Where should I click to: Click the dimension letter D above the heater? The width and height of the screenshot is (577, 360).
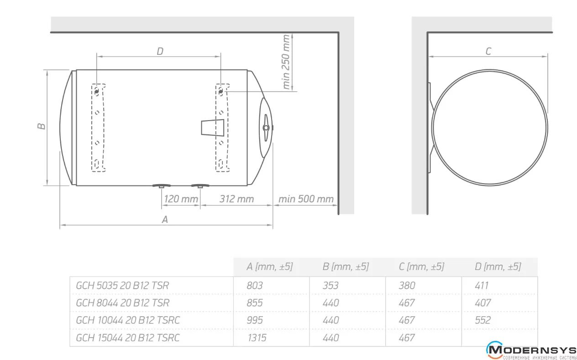tap(160, 51)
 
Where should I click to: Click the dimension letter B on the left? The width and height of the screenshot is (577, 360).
tap(42, 126)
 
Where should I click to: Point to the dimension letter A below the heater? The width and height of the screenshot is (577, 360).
tap(165, 219)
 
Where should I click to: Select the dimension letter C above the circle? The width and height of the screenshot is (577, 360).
tap(488, 51)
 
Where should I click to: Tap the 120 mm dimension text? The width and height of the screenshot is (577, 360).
tap(181, 199)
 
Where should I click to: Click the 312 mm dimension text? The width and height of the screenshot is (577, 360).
tap(236, 199)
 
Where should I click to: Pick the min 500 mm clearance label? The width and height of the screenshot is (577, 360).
tap(306, 199)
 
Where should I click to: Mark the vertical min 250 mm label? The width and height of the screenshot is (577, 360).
tap(286, 62)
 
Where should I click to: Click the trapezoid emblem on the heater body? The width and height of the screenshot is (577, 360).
tap(213, 127)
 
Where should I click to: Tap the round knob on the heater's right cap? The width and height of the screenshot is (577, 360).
tap(266, 127)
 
